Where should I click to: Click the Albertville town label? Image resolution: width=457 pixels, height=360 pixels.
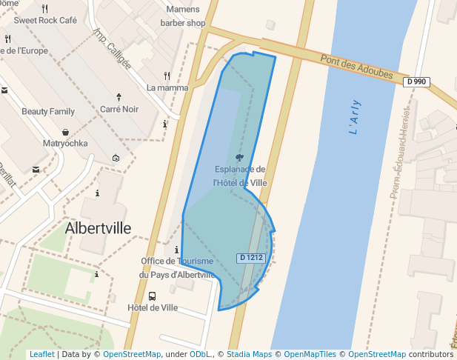(98, 228)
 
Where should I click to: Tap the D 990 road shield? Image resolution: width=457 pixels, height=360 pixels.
(417, 81)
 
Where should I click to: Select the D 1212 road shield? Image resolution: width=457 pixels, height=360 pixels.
(251, 258)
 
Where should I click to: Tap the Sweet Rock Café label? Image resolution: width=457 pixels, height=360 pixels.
(45, 21)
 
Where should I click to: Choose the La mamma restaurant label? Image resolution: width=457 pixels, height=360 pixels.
(167, 87)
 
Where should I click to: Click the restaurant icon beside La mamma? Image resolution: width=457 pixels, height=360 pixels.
(167, 75)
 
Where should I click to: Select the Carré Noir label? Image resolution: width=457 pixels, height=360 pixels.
(119, 109)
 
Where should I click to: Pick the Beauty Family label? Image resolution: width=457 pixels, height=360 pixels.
(48, 111)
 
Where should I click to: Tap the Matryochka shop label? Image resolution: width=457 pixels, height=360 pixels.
(65, 143)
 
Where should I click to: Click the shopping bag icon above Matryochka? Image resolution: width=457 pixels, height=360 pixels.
(66, 131)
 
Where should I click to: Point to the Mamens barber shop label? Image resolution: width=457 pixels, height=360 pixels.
(183, 16)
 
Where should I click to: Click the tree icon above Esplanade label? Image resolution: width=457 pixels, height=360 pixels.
(238, 158)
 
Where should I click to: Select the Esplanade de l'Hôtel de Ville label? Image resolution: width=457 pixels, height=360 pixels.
(239, 176)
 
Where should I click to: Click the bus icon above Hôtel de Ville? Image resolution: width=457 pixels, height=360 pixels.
(152, 296)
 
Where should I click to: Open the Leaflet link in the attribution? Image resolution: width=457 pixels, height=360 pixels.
(41, 354)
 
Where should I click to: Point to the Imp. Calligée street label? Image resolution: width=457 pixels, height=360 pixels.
(112, 49)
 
